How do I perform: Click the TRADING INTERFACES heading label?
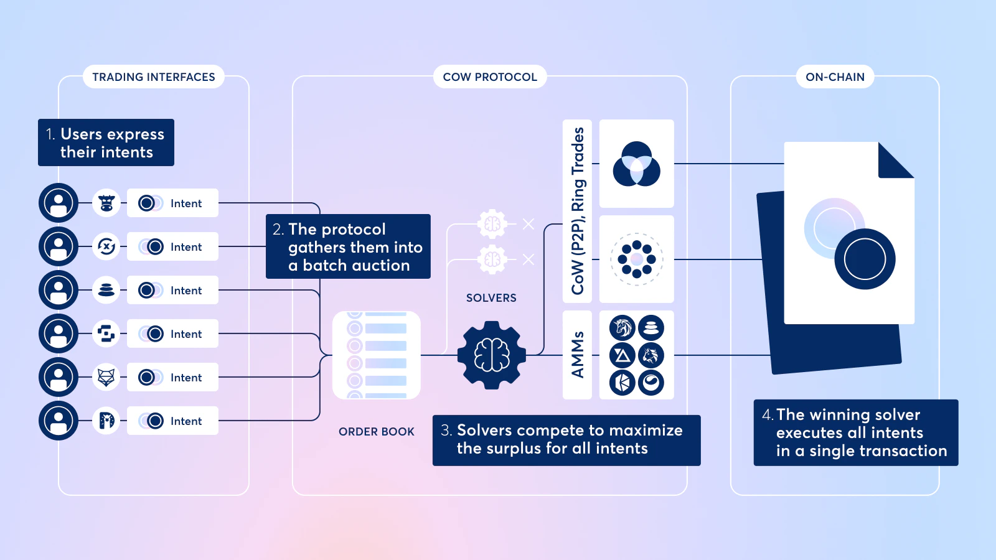pos(154,77)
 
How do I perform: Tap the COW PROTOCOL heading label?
pos(490,77)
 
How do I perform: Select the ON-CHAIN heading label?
pos(835,77)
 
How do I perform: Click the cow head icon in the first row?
pos(106,203)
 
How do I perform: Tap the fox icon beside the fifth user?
pos(106,377)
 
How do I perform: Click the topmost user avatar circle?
pos(59,203)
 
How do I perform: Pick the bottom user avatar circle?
pos(59,421)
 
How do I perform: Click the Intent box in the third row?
pos(172,290)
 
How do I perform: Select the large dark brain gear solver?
pos(492,355)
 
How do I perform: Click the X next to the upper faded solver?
pos(529,224)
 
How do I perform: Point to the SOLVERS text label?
pos(491,298)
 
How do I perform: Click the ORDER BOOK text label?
pos(377,432)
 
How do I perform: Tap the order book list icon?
pos(377,355)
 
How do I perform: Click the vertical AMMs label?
pos(577,355)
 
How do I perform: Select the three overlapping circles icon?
pos(636,164)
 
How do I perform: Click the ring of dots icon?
pos(636,259)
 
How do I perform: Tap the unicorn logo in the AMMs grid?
pos(622,327)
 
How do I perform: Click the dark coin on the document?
pos(865,259)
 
